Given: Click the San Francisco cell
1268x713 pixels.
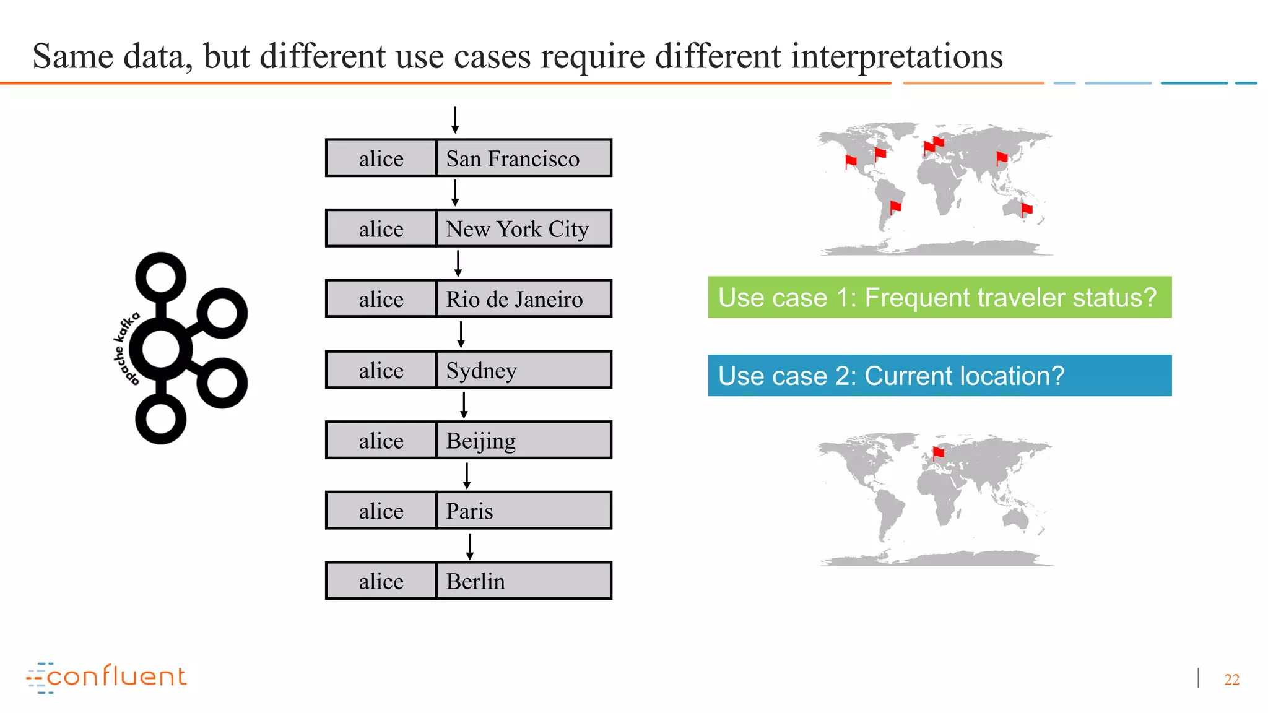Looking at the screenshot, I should coord(523,158).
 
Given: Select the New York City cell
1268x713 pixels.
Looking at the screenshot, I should coord(523,229).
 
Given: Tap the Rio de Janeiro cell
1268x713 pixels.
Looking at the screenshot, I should coord(523,299).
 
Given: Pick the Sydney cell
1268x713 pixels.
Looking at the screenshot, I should coord(523,370).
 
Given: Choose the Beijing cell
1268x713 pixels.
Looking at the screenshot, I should coord(523,440).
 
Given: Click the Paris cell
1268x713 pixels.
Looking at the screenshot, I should coord(523,511).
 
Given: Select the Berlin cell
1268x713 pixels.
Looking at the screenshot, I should coord(523,581).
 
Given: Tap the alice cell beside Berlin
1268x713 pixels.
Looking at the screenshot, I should coord(381,581).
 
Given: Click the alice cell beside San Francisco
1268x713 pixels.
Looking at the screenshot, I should coord(381,158).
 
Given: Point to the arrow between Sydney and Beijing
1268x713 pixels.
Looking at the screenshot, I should coord(464,405).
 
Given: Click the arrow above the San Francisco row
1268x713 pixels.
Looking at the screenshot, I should coord(455,120).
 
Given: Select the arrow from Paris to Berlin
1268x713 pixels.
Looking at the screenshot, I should coord(470,546).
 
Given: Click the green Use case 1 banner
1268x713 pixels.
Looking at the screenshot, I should coord(939,297).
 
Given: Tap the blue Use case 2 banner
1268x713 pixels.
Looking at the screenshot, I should coord(939,376).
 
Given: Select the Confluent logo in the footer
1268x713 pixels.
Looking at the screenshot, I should coord(106,677).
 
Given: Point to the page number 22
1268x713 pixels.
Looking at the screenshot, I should coord(1231,680).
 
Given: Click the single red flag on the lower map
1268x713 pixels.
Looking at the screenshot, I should coord(938,454).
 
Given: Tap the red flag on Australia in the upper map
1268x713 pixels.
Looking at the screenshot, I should coord(1026,210).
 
